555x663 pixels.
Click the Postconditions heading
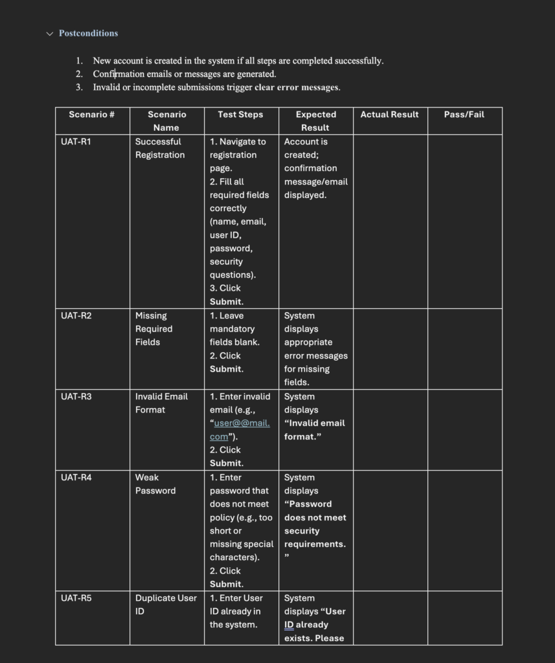point(88,33)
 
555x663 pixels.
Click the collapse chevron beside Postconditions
point(50,34)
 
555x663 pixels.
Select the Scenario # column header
point(92,115)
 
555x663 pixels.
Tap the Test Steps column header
point(240,115)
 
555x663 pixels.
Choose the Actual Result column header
point(389,115)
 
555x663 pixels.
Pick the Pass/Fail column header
point(464,115)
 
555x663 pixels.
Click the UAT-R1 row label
point(76,142)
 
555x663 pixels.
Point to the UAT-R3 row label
point(76,397)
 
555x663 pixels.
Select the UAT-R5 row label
point(76,598)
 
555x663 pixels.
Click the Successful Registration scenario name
point(159,148)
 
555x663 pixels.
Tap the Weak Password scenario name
point(155,484)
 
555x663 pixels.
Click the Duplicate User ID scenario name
point(165,605)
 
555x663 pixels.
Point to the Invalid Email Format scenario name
point(161,403)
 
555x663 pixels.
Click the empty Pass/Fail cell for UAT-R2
point(464,349)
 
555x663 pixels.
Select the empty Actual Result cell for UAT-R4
point(390,530)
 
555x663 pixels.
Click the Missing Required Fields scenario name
point(153,329)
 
